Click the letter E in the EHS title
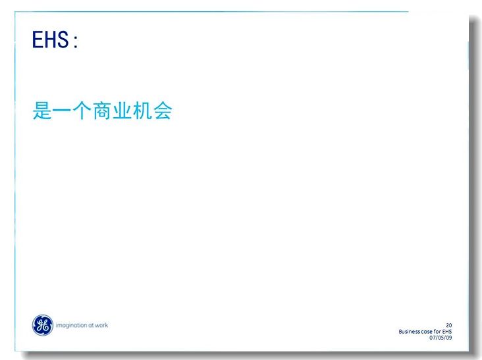click(37, 39)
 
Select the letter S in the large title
click(63, 39)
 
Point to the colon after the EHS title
click(75, 41)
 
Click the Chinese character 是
click(41, 111)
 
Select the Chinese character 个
click(82, 111)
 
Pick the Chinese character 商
click(102, 111)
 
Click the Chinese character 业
click(122, 111)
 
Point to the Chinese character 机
click(142, 111)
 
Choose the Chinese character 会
click(162, 111)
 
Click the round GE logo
click(43, 325)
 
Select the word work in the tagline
click(101, 325)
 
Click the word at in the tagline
click(91, 325)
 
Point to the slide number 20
click(449, 325)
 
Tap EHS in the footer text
click(447, 332)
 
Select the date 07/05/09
click(441, 338)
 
